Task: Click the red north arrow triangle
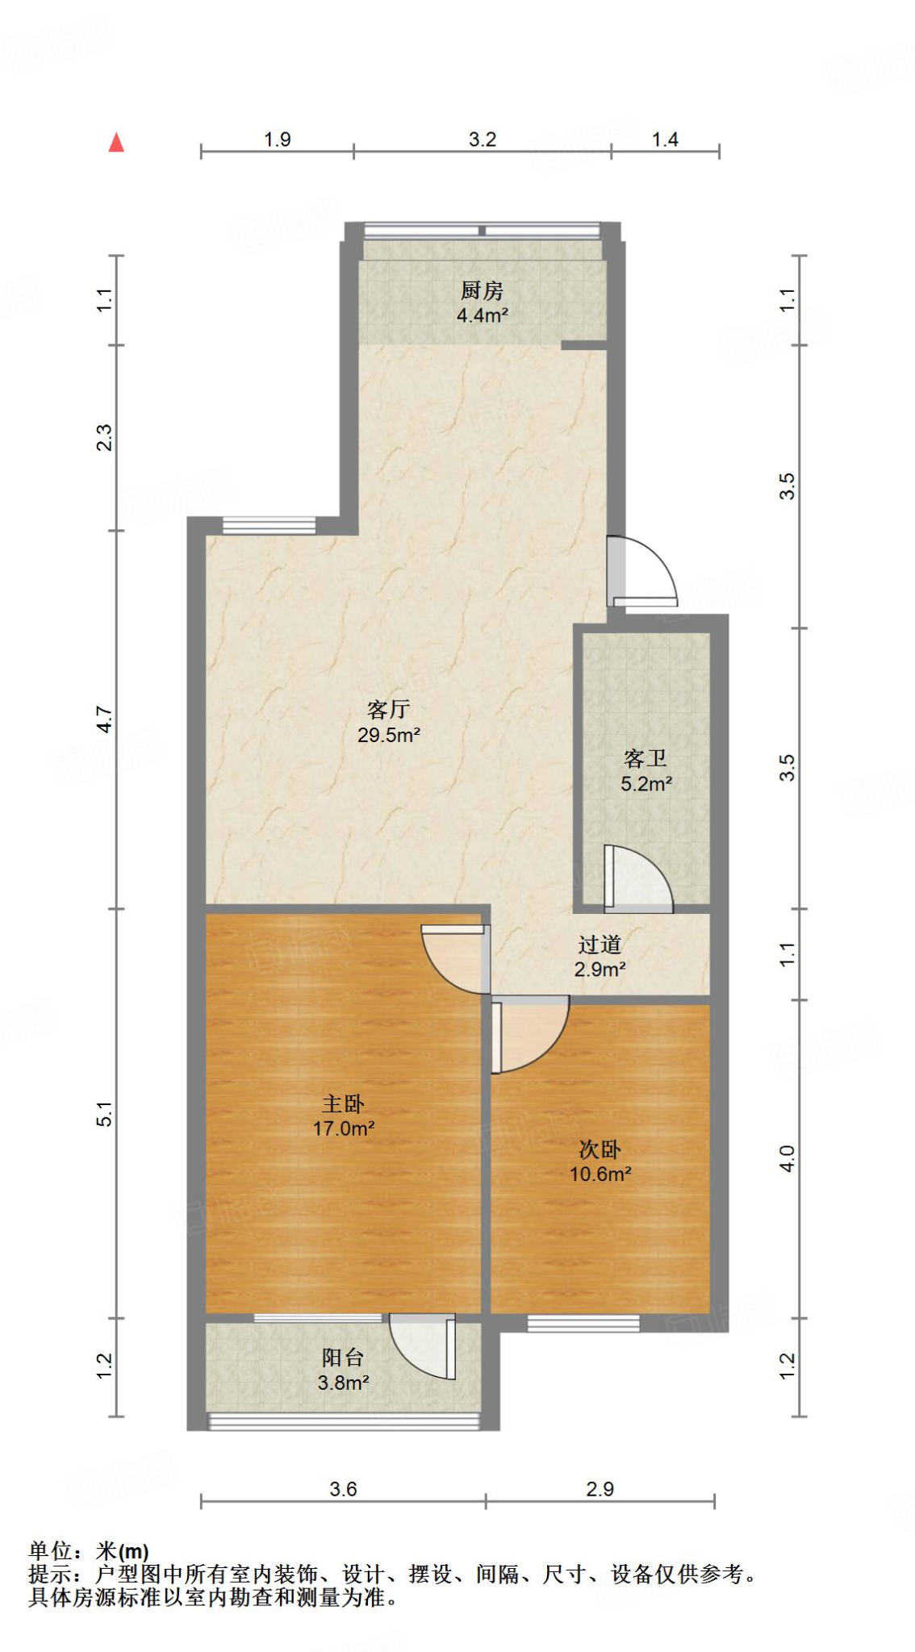click(116, 143)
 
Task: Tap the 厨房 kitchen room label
click(482, 290)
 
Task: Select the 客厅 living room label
click(389, 710)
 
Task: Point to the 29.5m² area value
click(389, 735)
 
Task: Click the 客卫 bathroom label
click(646, 758)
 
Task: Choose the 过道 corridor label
click(600, 945)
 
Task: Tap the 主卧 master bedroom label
click(343, 1103)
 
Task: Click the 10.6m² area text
click(600, 1174)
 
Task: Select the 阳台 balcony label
click(343, 1358)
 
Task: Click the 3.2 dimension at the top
click(483, 140)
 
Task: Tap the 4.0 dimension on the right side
click(788, 1158)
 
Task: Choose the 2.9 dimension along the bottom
click(600, 1489)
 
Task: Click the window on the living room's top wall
click(269, 525)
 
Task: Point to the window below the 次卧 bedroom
click(583, 1323)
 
